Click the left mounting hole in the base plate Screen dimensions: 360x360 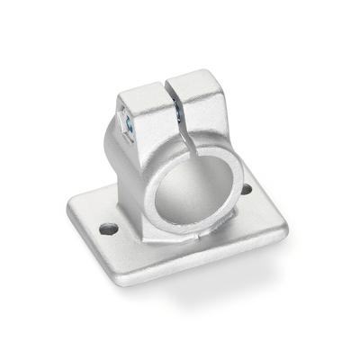coord(108,229)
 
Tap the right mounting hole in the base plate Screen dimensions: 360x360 coord(246,189)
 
